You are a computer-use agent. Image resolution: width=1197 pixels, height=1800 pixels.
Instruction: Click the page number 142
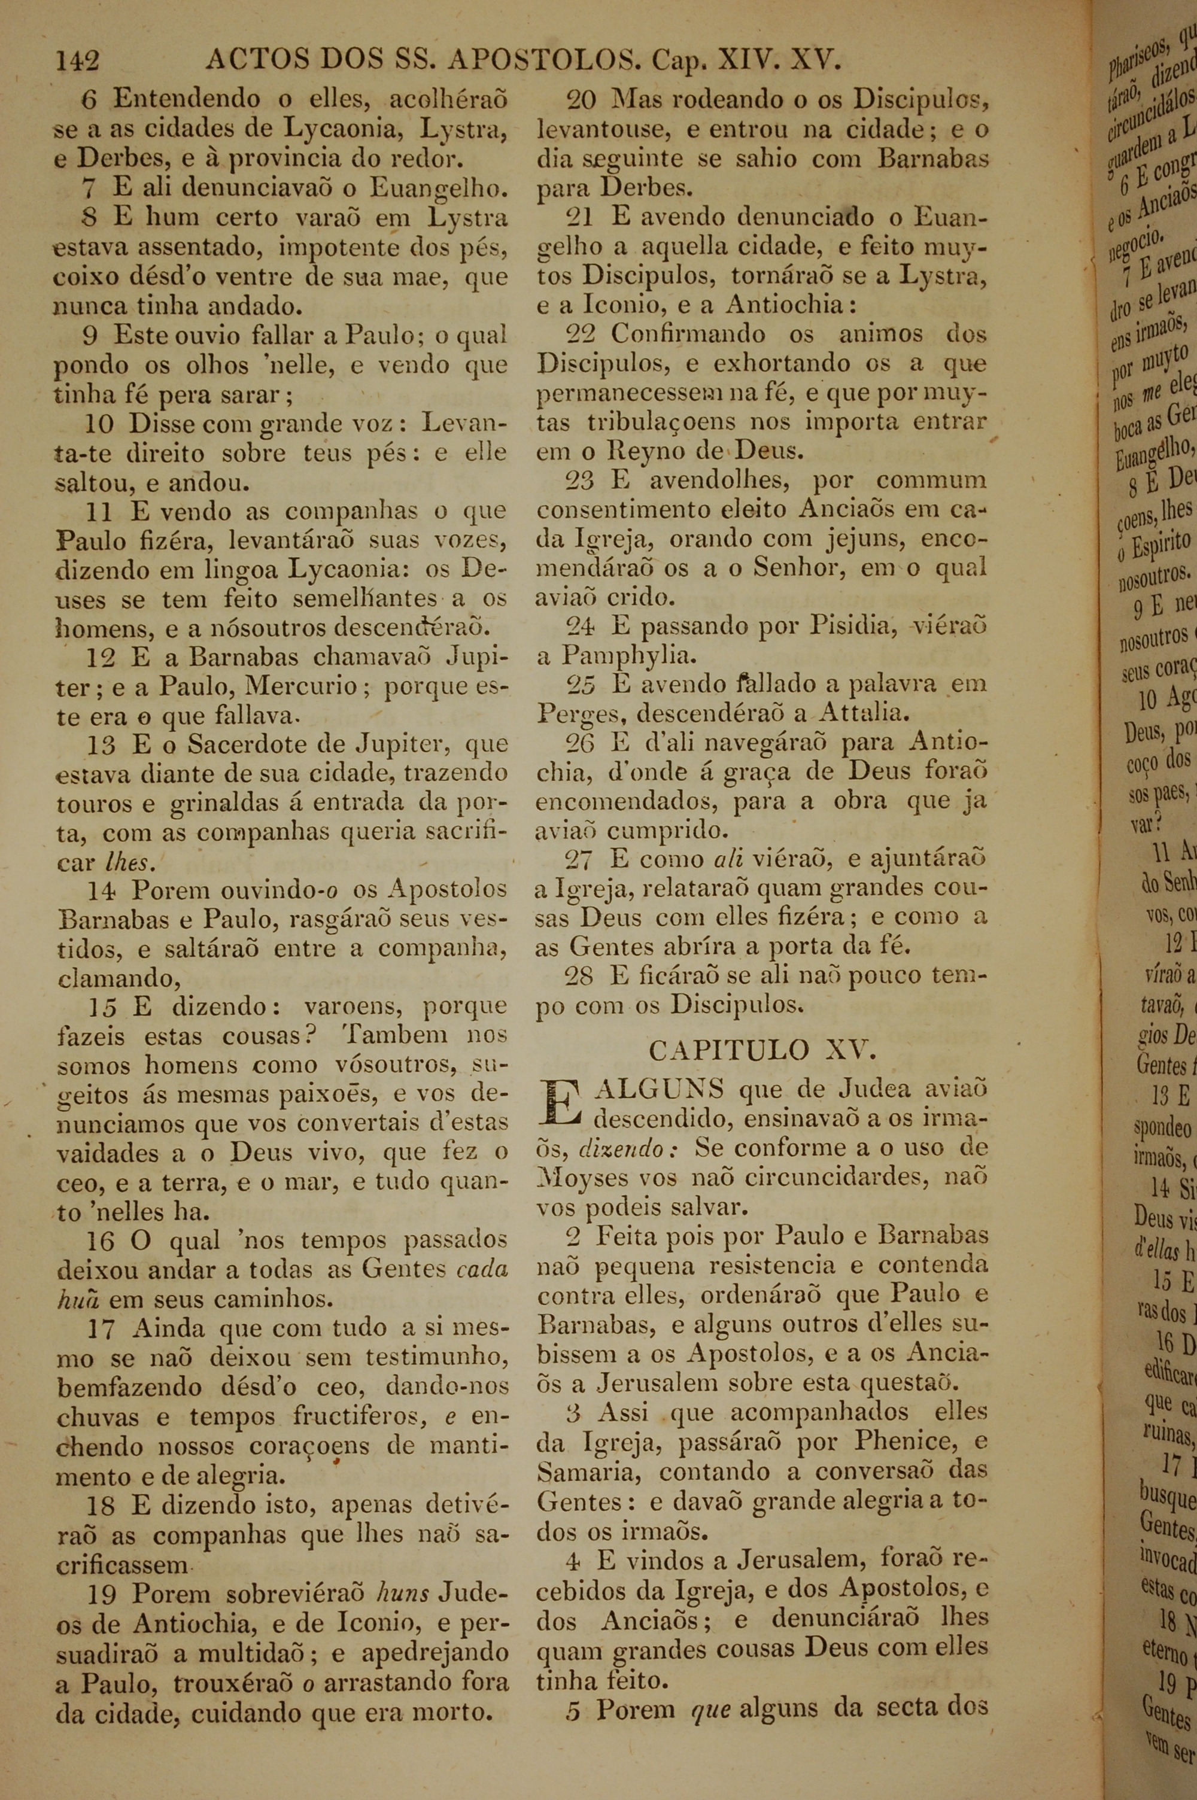pos(77,60)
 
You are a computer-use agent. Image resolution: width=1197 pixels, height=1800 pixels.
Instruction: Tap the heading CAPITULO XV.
pos(762,1051)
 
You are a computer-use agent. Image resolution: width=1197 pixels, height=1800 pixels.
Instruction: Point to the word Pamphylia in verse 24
pos(618,655)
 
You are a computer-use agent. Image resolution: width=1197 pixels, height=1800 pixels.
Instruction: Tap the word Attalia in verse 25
pos(862,713)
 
